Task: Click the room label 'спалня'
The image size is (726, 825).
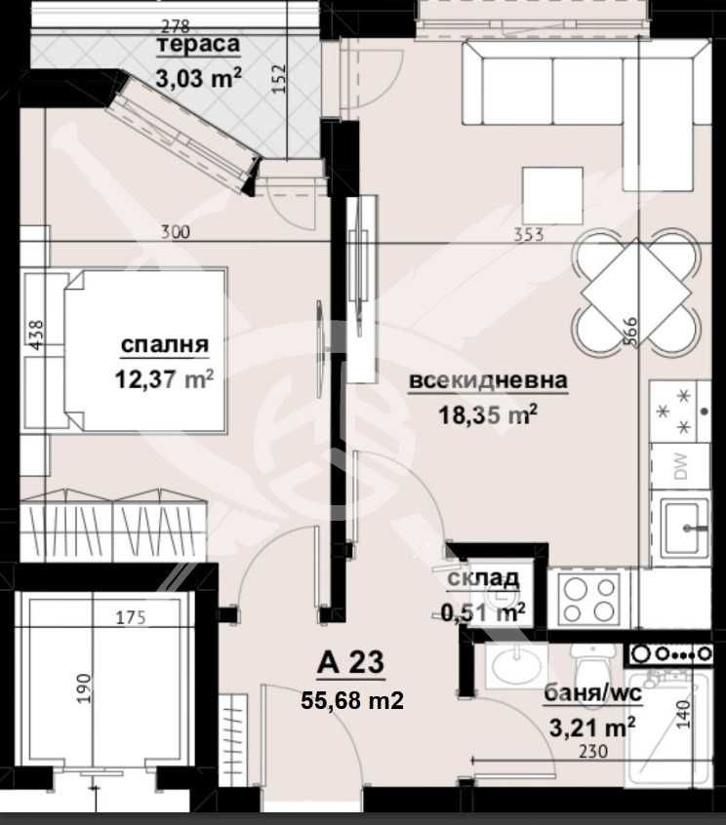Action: pos(165,344)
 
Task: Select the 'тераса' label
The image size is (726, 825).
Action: pos(198,46)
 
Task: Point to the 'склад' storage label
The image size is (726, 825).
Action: pos(483,579)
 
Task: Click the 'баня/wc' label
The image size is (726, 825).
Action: pos(589,693)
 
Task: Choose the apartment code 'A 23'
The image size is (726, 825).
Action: pos(350,664)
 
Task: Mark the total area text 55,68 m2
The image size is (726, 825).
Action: pos(350,699)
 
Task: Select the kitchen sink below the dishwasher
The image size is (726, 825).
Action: pos(685,527)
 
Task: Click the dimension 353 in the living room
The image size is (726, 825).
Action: pos(527,233)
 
